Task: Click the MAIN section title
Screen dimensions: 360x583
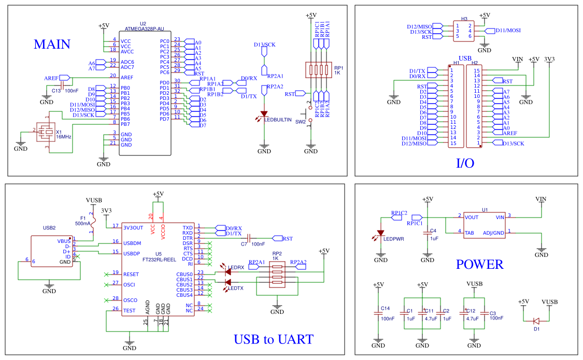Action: pyautogui.click(x=52, y=45)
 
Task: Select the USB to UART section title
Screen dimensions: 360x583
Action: pyautogui.click(x=273, y=340)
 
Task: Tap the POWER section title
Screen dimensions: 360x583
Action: pyautogui.click(x=479, y=265)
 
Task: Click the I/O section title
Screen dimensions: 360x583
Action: pyautogui.click(x=465, y=164)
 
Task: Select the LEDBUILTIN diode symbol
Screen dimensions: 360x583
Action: pyautogui.click(x=264, y=113)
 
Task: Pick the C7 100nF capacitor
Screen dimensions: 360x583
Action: pyautogui.click(x=249, y=238)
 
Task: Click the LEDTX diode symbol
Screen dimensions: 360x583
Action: pyautogui.click(x=227, y=282)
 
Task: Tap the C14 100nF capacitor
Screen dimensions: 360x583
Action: pyautogui.click(x=378, y=313)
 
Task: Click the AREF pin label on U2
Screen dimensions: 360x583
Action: pyautogui.click(x=126, y=77)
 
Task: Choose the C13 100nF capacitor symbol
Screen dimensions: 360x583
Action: pyautogui.click(x=62, y=84)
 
